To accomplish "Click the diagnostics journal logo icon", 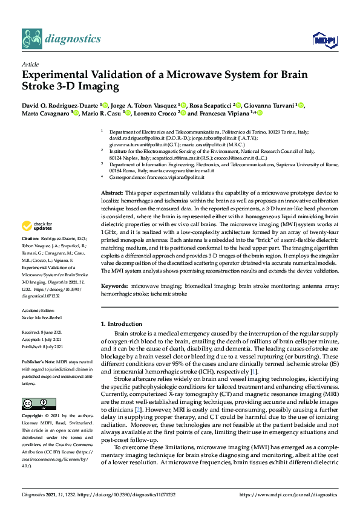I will pos(31,39).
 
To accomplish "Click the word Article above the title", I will pos(30,64).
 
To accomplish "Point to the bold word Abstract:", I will pos(113,191).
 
